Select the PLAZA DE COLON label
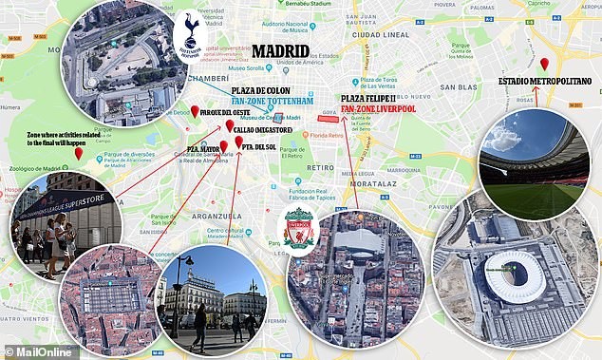tap(280, 88)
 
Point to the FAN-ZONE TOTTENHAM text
tap(280, 101)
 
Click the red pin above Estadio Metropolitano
tap(544, 65)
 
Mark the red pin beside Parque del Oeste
tap(195, 111)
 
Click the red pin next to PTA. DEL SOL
tap(238, 143)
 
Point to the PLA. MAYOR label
tap(198, 149)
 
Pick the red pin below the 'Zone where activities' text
tap(78, 153)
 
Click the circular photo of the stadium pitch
tap(535, 164)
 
